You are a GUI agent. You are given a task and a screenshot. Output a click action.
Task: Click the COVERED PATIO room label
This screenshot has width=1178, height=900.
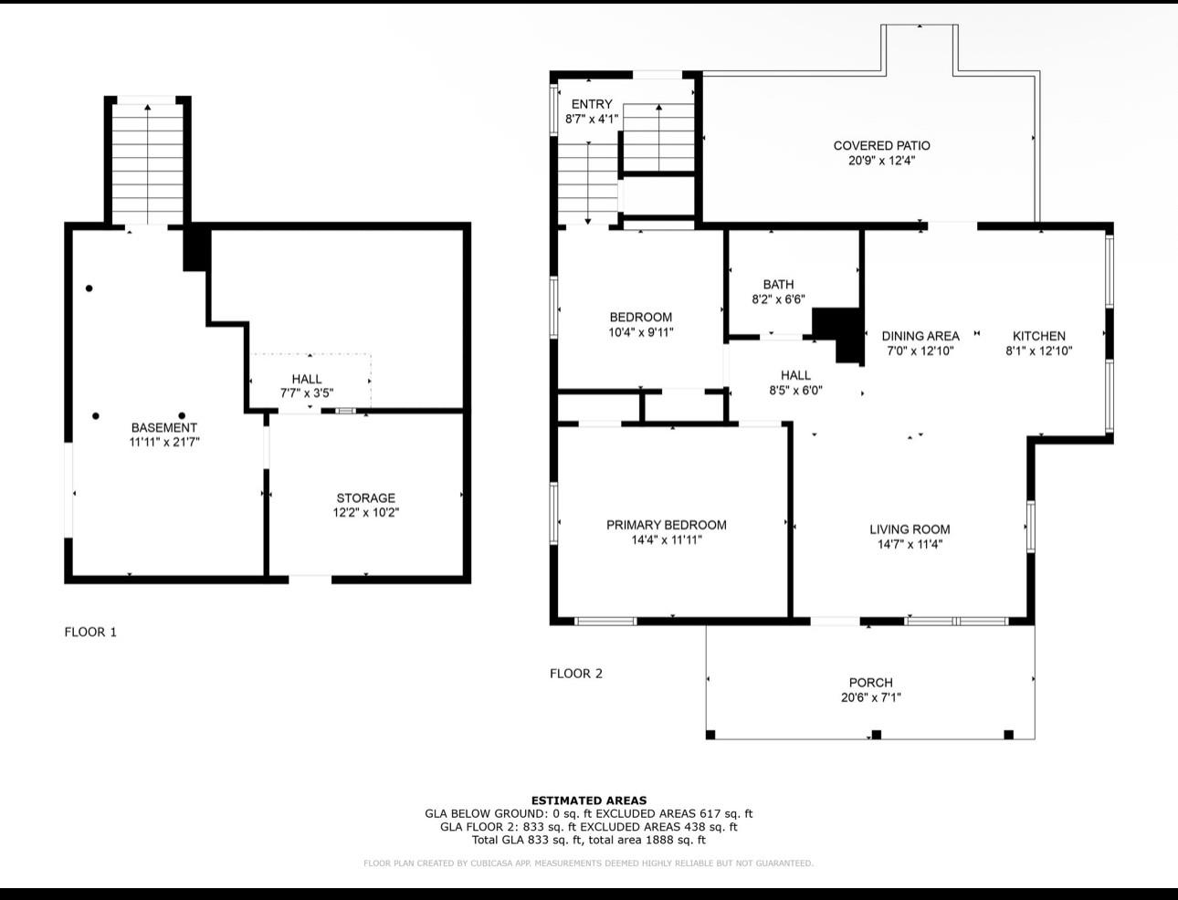point(881,145)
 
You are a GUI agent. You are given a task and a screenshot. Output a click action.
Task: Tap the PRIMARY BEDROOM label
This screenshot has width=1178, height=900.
point(667,525)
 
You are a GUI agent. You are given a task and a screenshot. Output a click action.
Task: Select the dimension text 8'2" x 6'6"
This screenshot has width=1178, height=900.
point(778,299)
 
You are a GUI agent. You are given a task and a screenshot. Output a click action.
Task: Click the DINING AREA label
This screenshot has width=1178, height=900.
point(920,336)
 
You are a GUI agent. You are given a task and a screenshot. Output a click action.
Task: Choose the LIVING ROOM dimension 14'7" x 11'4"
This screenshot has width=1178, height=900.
point(910,545)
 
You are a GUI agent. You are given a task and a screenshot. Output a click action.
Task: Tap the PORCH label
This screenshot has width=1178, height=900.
point(870,683)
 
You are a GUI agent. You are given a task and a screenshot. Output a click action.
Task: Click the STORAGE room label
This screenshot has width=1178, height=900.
point(365,498)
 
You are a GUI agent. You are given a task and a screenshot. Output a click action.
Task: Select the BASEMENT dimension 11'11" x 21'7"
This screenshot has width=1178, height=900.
point(164,442)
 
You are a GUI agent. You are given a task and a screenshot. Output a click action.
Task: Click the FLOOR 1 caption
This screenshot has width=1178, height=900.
point(90,632)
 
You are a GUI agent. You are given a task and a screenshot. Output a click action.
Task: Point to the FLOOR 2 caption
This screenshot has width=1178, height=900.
point(576,674)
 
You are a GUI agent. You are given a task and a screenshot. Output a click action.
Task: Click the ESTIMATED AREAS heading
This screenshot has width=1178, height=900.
point(589,801)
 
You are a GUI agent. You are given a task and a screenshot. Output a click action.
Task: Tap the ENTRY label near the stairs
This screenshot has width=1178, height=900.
point(592,104)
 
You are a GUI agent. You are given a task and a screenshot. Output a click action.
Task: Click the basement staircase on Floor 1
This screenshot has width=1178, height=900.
point(148,164)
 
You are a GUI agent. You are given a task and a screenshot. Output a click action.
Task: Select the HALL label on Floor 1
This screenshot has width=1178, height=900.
point(307,379)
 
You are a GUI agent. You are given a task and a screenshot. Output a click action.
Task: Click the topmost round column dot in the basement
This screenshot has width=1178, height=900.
point(89,288)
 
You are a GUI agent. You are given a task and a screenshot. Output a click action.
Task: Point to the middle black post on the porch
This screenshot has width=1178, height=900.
point(876,734)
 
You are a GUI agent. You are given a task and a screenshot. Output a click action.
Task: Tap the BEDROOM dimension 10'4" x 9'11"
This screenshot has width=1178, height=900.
point(641,332)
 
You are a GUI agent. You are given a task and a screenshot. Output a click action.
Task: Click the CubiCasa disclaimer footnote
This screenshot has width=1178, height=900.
point(588,863)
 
